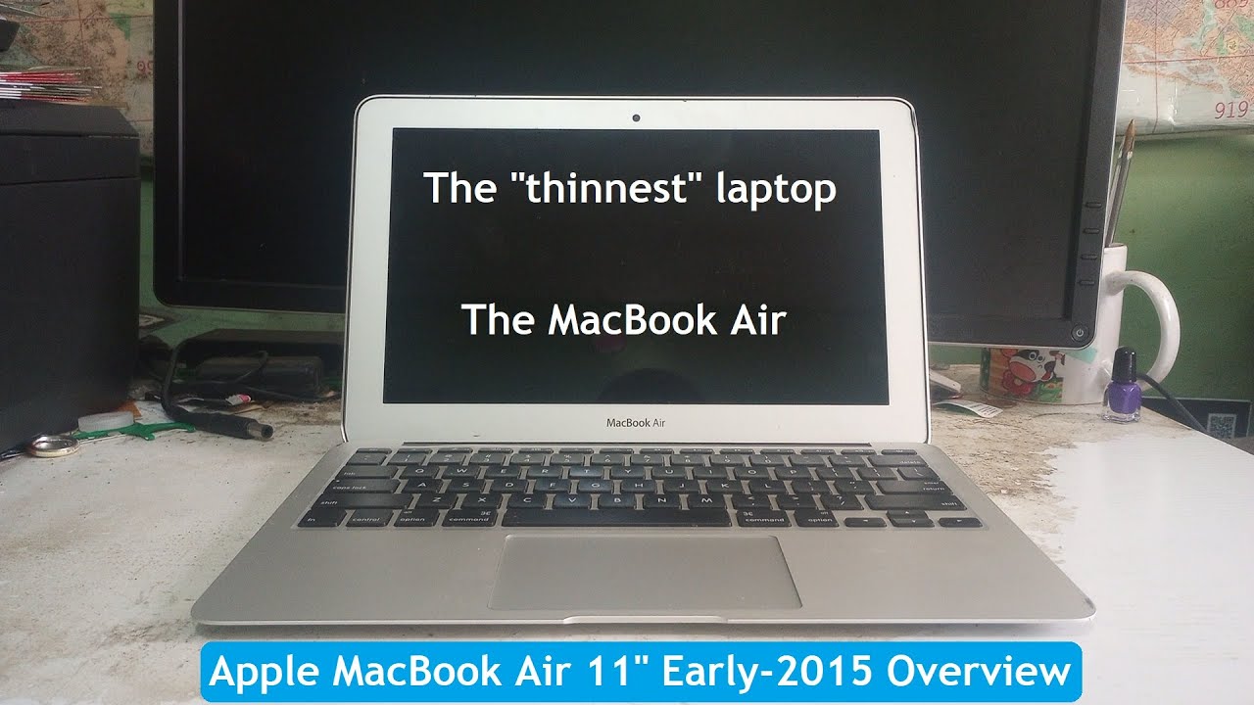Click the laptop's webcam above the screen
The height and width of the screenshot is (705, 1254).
(636, 118)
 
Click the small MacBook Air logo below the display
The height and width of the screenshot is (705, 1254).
(637, 423)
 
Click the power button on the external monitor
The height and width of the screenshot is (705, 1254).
(1079, 333)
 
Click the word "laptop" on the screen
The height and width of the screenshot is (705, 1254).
(776, 188)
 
